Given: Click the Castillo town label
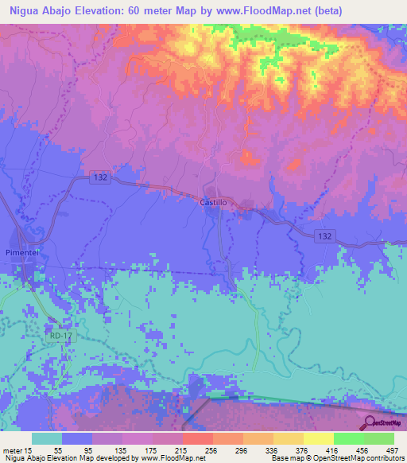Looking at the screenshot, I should click(x=213, y=204).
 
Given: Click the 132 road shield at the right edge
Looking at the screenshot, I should click(x=322, y=236).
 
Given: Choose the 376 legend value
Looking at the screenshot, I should click(x=300, y=449).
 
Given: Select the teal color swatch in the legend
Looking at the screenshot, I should click(x=47, y=438).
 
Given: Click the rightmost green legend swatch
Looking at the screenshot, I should click(x=379, y=438).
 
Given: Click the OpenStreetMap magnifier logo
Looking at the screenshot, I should click(x=371, y=422).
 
